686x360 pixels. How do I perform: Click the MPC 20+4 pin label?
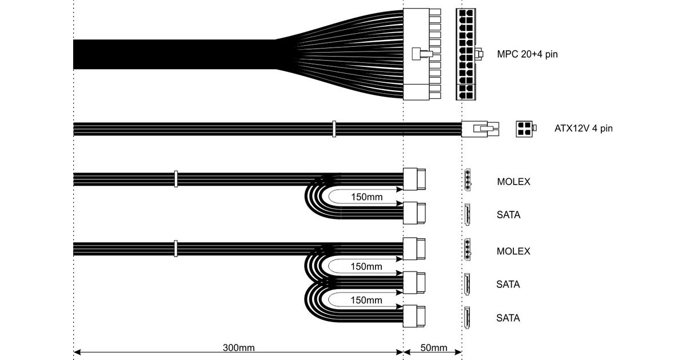tap(527, 55)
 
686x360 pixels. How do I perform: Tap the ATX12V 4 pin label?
tap(584, 129)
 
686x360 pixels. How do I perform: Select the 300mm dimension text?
tap(238, 348)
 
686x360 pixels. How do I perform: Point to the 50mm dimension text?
tap(433, 348)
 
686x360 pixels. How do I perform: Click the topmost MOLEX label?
tap(513, 182)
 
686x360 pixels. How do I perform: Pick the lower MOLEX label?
tap(513, 251)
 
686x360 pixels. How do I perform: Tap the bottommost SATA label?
tap(508, 318)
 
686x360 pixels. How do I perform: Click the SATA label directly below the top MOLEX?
tap(508, 215)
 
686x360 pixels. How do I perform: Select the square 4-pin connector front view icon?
tap(524, 129)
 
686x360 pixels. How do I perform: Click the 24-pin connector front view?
tap(467, 54)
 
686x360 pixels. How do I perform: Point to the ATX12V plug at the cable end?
tap(480, 129)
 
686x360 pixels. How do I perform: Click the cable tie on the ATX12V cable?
tap(334, 129)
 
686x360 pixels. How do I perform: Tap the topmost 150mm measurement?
tap(366, 198)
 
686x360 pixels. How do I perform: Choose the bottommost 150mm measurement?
tap(366, 300)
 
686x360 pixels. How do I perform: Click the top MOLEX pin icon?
tap(467, 179)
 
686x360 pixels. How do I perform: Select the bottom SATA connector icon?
tap(467, 317)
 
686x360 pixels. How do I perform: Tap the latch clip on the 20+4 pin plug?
tap(421, 54)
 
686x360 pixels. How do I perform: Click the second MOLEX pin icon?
tap(467, 249)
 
